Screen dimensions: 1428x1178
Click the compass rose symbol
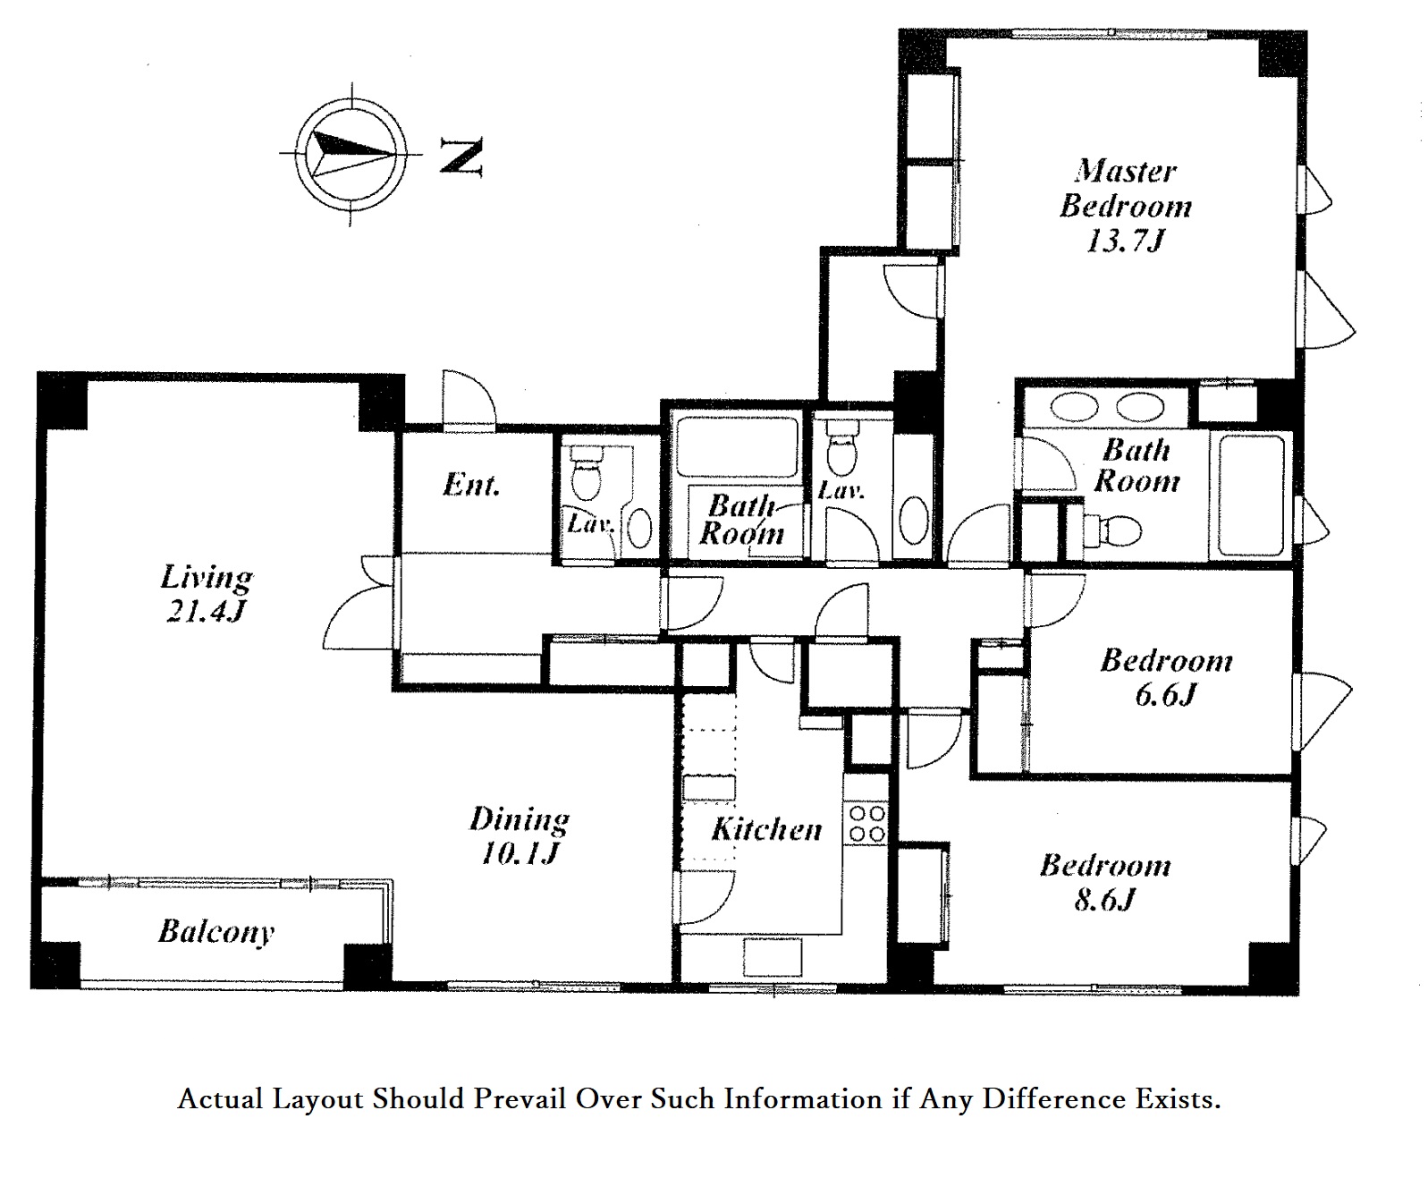pos(351,153)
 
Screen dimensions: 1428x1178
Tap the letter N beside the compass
pos(461,156)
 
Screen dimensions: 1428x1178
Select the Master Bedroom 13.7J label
pos(1126,206)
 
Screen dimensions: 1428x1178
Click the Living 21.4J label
pos(206,593)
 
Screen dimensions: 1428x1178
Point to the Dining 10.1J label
pos(520,836)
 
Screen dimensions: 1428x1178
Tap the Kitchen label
pos(766,829)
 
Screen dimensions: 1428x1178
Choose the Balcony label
pos(216,932)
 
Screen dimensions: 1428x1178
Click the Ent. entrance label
pos(471,485)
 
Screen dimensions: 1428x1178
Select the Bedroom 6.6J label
pos(1166,677)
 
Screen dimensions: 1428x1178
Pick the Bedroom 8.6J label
pos(1105,883)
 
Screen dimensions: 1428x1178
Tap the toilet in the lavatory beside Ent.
pos(586,472)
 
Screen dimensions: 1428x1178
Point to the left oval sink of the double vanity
pos(1075,408)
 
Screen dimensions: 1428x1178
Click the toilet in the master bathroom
pos(1112,530)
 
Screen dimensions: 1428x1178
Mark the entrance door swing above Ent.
pos(469,400)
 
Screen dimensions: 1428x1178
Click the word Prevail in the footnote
pos(520,1098)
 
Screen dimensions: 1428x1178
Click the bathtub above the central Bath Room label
pos(736,446)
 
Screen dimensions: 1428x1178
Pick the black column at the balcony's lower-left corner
pos(55,965)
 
